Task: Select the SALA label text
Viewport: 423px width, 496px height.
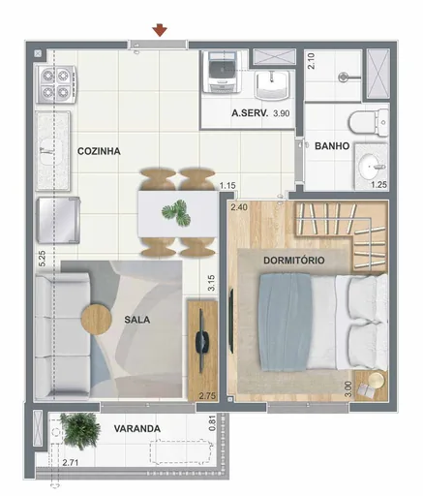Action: coord(137,317)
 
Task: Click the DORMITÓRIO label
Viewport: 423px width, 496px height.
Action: coord(292,261)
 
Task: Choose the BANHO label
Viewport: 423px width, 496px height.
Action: coord(332,146)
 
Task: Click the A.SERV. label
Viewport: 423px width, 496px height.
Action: coord(250,114)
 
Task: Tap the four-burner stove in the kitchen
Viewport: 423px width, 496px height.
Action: coord(56,84)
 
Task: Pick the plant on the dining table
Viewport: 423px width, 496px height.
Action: coord(177,211)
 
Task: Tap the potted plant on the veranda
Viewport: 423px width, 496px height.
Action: coord(78,426)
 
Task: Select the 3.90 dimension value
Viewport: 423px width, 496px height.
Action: coord(282,114)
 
